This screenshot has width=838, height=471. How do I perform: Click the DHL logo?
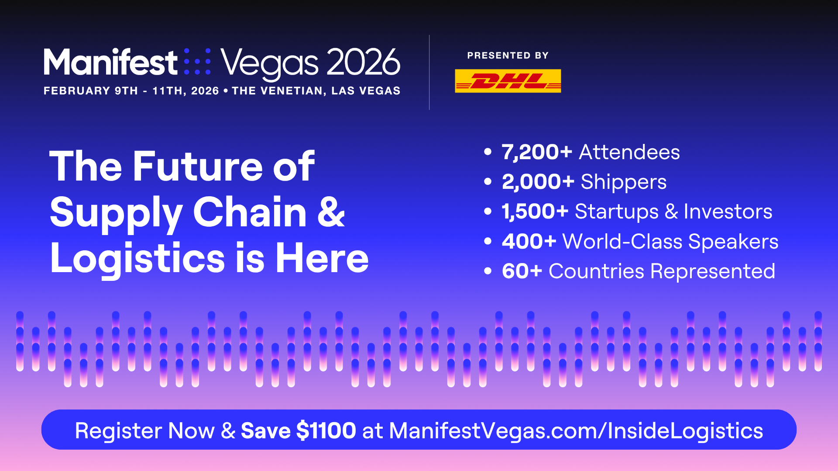pos(508,81)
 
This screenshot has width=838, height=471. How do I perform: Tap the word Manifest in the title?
pos(110,62)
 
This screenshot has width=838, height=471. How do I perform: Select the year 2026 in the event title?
pos(363,62)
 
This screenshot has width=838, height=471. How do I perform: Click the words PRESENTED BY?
pos(508,55)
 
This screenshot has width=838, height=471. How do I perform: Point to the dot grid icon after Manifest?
pos(197,61)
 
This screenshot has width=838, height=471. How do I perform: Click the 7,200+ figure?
pos(537,152)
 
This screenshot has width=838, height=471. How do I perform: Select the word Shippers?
pos(624,182)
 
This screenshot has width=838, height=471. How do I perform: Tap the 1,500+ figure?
pos(535,212)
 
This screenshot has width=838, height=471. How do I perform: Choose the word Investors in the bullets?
pos(728,212)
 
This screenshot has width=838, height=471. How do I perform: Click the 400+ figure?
pos(529,242)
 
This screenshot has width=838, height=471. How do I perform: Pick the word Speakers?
pos(733,242)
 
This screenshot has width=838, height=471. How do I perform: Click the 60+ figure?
pos(522,271)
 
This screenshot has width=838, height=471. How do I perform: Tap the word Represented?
pos(713,272)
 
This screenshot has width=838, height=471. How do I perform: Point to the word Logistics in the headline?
pos(137,259)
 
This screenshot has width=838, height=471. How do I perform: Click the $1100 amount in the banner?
pos(326,430)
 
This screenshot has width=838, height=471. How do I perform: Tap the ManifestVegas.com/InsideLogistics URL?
pos(576,430)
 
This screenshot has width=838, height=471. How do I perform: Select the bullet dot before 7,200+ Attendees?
pos(488,152)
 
